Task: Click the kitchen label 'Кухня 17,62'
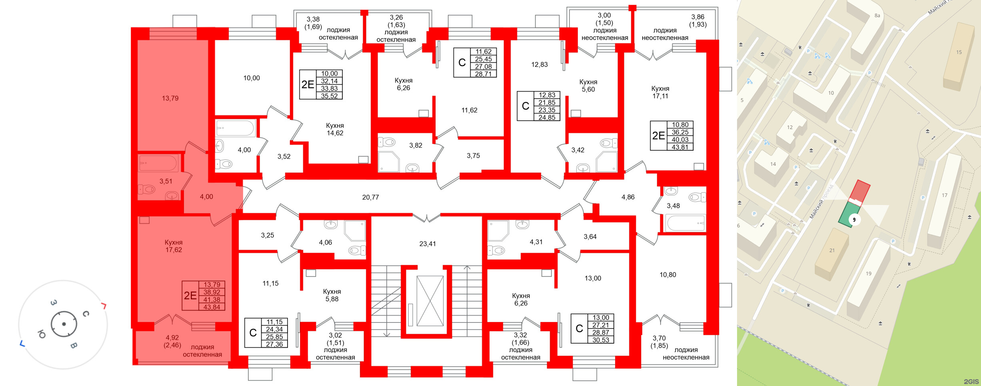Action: (174, 246)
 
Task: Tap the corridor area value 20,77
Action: (370, 197)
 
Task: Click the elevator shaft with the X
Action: (430, 301)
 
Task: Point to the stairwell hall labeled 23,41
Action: (427, 244)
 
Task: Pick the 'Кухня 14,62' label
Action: (335, 129)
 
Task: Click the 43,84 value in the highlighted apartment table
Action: (212, 307)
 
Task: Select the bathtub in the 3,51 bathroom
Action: (158, 163)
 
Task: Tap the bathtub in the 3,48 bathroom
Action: (685, 223)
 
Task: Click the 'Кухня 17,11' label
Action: (660, 92)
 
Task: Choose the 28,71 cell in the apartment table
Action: (483, 74)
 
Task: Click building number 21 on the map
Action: (832, 251)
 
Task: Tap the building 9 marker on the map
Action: (854, 220)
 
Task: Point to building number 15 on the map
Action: (959, 52)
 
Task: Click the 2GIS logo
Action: (971, 382)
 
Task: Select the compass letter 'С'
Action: (86, 314)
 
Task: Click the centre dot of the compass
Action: (64, 324)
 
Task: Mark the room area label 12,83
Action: (539, 65)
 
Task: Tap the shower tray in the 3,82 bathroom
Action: (388, 162)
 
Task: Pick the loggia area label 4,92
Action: (172, 338)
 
